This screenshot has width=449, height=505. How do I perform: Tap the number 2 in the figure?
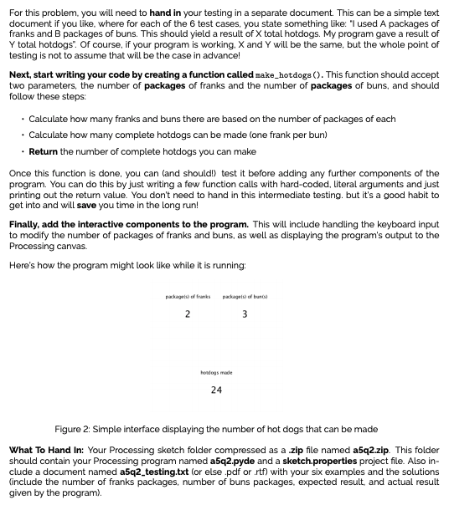(x=188, y=314)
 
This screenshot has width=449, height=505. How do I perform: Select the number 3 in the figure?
(x=244, y=314)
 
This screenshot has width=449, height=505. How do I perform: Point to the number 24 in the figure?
(x=216, y=390)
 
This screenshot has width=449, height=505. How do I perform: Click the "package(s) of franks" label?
(x=187, y=298)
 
